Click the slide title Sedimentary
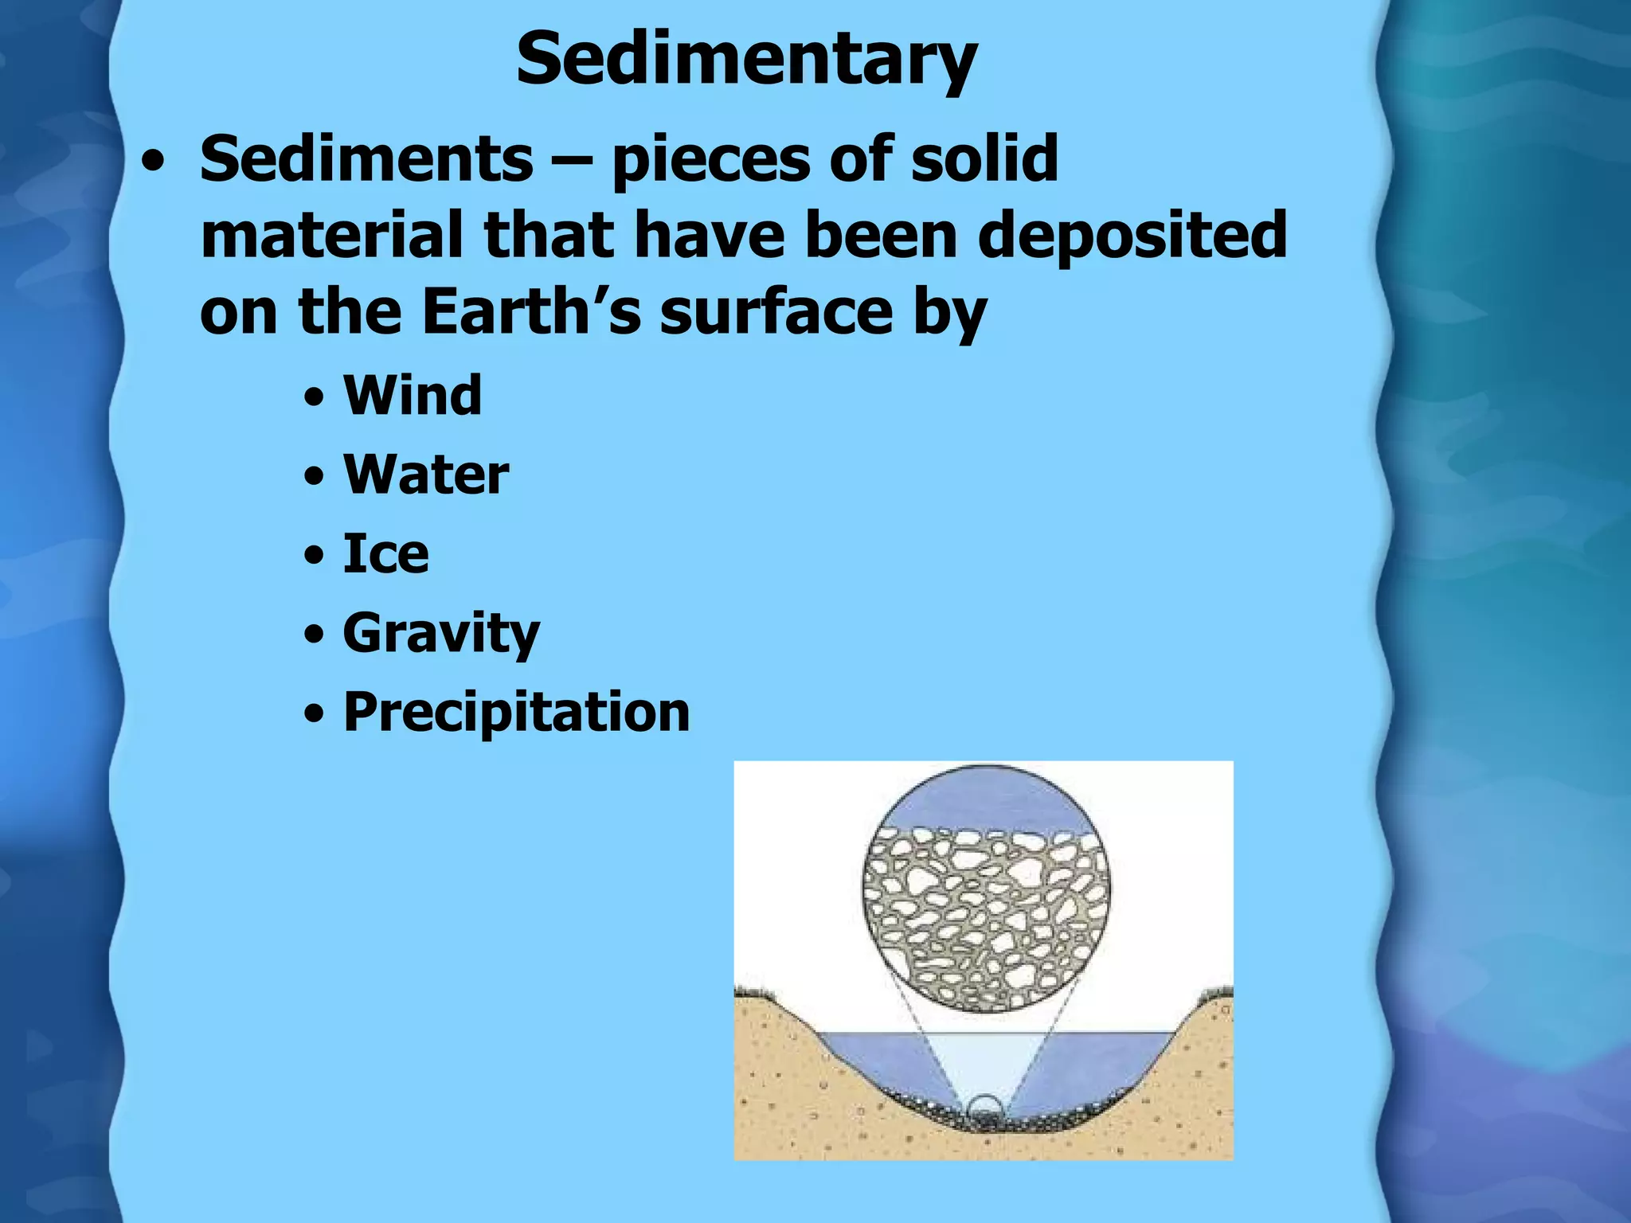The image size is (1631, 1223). tap(746, 60)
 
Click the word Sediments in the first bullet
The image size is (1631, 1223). tap(366, 158)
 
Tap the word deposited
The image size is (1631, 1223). tap(1132, 235)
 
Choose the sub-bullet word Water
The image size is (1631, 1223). tap(425, 475)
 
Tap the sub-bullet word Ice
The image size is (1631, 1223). tap(385, 553)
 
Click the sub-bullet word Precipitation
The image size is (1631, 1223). tap(516, 711)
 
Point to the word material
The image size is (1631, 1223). tap(333, 235)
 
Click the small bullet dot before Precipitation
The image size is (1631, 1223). tap(315, 714)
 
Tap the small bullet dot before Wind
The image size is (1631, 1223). tap(315, 397)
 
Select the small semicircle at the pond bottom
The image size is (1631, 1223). tap(985, 1108)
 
